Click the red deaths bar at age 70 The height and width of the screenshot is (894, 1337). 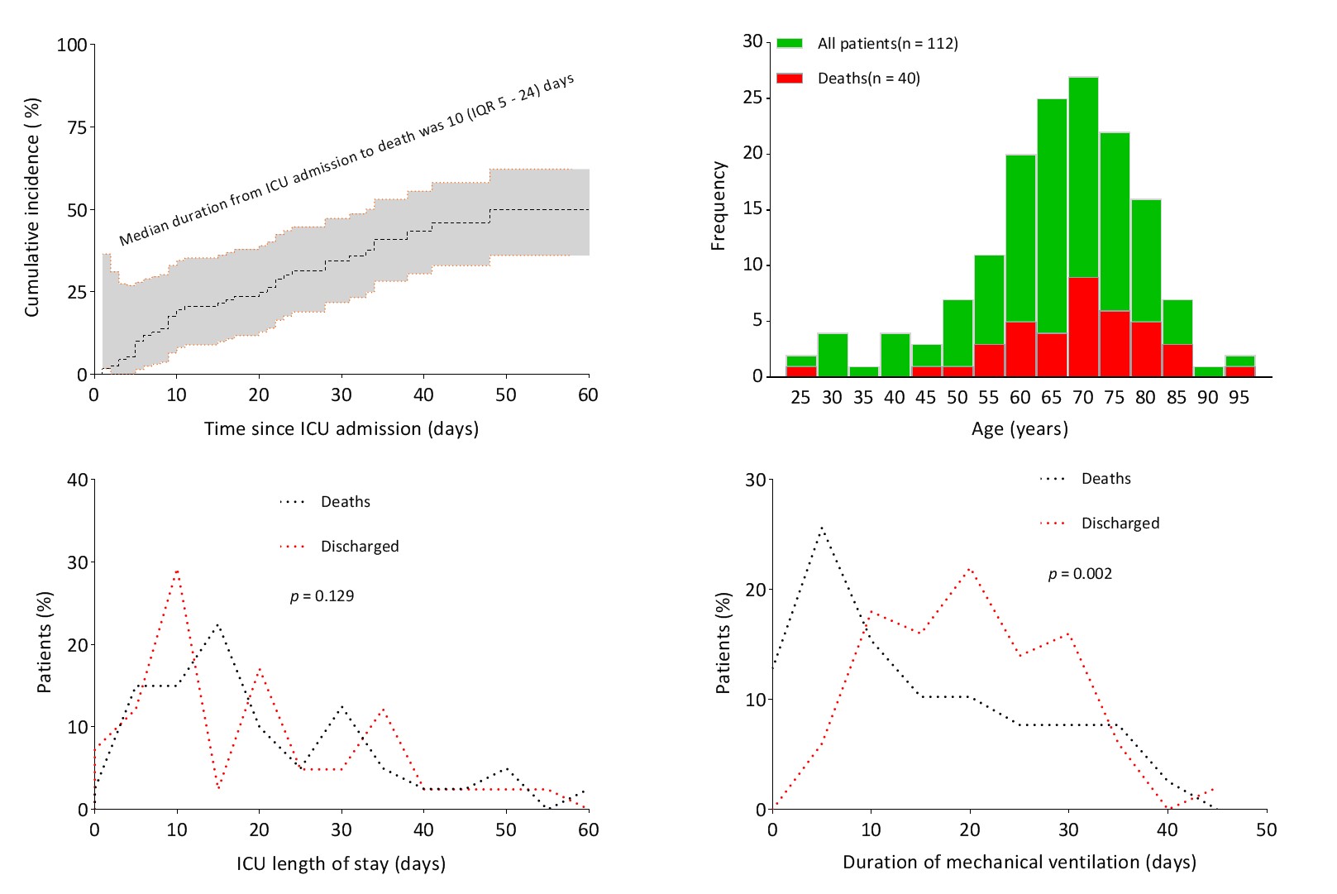(x=1083, y=327)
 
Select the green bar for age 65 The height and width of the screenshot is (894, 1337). (x=1052, y=215)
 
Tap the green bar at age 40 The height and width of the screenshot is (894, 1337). (x=895, y=355)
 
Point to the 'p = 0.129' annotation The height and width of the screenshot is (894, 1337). (x=322, y=596)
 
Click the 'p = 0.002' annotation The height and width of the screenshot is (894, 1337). (x=1080, y=574)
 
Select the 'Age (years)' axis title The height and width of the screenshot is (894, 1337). (x=1019, y=429)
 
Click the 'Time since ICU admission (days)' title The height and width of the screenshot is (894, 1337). (x=341, y=429)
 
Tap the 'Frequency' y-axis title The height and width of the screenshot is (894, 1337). (x=718, y=206)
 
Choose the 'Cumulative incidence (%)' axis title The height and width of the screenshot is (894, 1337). (x=32, y=207)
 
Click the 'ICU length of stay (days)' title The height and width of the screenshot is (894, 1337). (x=341, y=864)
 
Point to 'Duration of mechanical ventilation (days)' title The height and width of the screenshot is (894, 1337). (x=1019, y=863)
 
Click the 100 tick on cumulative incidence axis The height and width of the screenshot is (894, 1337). (x=72, y=45)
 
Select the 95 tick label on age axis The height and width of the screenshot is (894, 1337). (x=1239, y=398)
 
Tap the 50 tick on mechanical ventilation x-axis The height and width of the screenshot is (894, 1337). (x=1266, y=829)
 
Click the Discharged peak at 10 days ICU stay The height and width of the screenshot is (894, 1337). (x=177, y=571)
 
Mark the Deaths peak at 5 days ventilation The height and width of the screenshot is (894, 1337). (x=822, y=527)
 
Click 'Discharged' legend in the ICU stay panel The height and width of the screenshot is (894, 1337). (x=359, y=547)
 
